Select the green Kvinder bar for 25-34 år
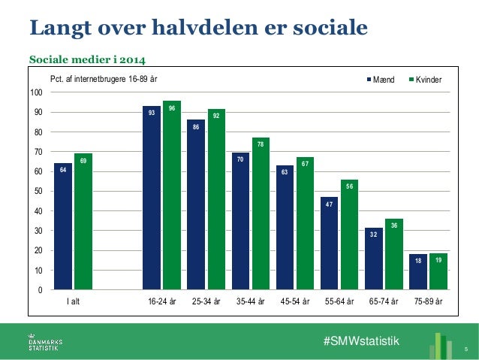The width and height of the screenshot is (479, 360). pyautogui.click(x=216, y=199)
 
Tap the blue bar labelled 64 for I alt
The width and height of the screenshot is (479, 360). pyautogui.click(x=63, y=226)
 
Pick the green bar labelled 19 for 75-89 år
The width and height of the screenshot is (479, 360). pyautogui.click(x=439, y=271)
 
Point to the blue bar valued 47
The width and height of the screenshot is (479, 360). pyautogui.click(x=330, y=243)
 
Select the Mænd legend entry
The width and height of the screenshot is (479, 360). pyautogui.click(x=383, y=80)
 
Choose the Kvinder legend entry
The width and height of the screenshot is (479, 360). pyautogui.click(x=423, y=80)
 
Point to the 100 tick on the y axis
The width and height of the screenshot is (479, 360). pyautogui.click(x=35, y=92)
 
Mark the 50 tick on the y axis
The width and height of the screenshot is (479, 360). pyautogui.click(x=37, y=192)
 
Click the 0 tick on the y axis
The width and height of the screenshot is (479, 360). pyautogui.click(x=39, y=290)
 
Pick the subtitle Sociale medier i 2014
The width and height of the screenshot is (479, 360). pyautogui.click(x=87, y=59)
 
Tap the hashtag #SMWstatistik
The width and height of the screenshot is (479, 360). pyautogui.click(x=361, y=342)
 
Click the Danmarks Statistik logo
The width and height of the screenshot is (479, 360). pyautogui.click(x=45, y=343)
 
